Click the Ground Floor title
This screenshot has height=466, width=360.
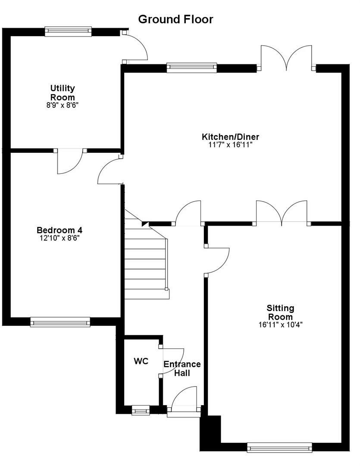[175, 19]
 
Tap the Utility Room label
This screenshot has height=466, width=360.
[63, 93]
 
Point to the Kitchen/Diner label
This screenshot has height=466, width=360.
[230, 137]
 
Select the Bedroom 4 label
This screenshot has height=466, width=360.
[59, 230]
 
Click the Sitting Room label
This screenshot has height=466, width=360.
[280, 312]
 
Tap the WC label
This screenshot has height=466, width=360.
[141, 361]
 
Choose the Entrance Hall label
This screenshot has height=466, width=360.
[182, 368]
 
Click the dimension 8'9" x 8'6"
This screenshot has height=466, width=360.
[63, 105]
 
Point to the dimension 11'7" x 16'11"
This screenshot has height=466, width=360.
[230, 145]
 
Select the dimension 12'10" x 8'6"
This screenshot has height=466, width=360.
[59, 238]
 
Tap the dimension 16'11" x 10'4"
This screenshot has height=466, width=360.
[280, 324]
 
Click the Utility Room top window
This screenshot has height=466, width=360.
[68, 31]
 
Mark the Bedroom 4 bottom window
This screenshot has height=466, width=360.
[60, 322]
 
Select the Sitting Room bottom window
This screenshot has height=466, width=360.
[279, 447]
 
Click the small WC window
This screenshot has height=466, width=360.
[141, 410]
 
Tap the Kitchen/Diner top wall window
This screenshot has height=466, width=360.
[191, 68]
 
